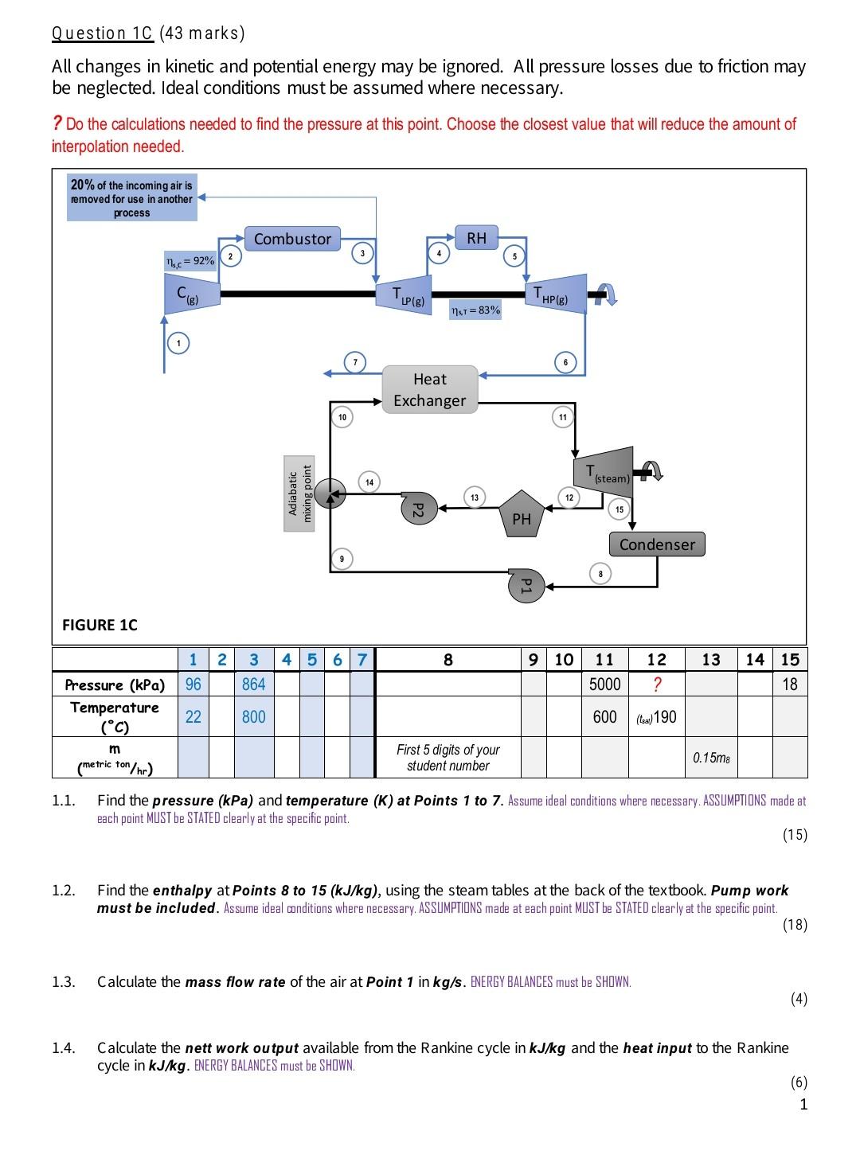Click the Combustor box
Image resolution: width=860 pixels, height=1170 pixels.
292,239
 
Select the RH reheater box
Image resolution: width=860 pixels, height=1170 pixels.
476,238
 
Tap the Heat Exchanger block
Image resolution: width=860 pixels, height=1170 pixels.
430,390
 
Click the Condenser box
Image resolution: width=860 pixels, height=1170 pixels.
657,544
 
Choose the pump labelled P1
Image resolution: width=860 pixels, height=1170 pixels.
524,585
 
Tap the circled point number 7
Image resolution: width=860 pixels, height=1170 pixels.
355,363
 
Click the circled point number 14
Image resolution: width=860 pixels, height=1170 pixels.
369,482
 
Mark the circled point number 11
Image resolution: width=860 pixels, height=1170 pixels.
563,417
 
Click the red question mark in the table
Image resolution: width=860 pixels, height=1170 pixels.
656,684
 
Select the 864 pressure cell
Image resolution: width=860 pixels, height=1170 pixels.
253,684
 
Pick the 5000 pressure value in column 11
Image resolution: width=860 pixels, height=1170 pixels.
604,684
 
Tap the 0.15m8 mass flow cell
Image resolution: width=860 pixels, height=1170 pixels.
711,758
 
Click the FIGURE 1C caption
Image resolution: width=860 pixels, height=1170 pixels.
100,625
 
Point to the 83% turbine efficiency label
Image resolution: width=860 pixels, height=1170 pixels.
475,310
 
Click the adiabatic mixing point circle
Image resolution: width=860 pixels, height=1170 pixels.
330,493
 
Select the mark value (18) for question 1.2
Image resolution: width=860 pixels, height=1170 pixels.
794,925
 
